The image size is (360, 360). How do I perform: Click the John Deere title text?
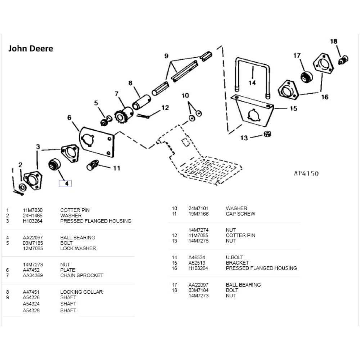(31, 48)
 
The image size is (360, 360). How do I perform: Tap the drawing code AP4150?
(306, 174)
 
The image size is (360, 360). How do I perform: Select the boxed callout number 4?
(66, 183)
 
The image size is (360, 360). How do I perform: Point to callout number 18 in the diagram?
(334, 41)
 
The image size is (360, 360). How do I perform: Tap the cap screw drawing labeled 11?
(93, 166)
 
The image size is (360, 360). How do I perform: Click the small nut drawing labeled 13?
(267, 134)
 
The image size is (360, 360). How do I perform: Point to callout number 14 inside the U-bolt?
(252, 82)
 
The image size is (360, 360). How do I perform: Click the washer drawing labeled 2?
(22, 187)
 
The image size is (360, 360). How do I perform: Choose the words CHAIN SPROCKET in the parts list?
(82, 275)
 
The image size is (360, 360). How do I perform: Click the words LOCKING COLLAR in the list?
(81, 292)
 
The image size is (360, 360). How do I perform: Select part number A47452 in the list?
(31, 270)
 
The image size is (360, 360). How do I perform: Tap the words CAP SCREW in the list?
(240, 214)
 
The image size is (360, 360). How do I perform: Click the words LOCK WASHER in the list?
(78, 248)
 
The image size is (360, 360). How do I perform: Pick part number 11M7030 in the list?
(31, 210)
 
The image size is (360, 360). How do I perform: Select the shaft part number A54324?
(32, 304)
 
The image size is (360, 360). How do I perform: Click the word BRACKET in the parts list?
(237, 263)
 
